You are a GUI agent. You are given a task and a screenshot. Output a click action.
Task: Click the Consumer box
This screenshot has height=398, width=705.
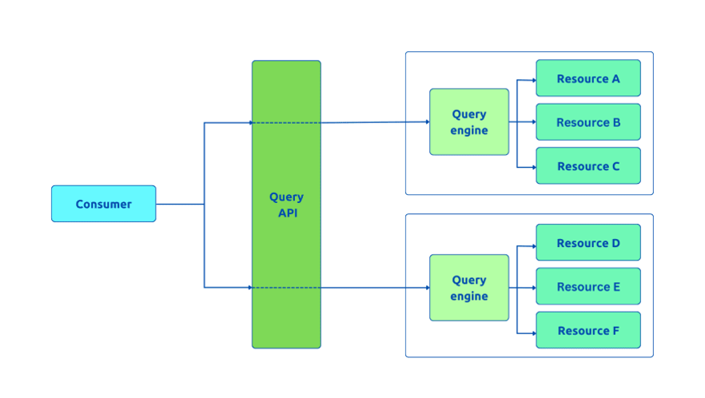click(x=103, y=204)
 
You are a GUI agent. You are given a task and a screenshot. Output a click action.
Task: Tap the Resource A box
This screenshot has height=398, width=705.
click(x=587, y=78)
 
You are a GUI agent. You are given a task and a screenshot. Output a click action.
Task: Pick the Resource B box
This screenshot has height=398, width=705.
click(x=587, y=122)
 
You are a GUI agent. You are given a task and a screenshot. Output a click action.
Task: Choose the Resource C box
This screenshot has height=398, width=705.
click(x=587, y=166)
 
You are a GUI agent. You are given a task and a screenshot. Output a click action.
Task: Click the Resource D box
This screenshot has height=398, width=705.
click(x=587, y=243)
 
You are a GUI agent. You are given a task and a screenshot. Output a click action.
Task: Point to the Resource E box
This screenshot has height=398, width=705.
click(x=587, y=287)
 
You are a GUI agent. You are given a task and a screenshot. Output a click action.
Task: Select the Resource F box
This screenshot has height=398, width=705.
click(x=587, y=331)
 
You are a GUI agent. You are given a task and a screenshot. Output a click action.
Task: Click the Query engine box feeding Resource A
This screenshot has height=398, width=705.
click(x=468, y=122)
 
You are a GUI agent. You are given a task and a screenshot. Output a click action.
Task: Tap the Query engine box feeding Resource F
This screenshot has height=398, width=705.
click(x=468, y=288)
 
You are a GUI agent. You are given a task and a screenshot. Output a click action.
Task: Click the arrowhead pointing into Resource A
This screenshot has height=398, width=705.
click(x=532, y=79)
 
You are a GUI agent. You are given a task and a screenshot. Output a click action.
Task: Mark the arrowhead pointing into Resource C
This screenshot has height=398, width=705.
click(x=532, y=167)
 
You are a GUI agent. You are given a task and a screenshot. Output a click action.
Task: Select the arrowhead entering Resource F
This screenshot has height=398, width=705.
click(x=532, y=332)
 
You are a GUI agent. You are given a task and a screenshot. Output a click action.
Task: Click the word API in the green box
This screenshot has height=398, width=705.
click(x=286, y=213)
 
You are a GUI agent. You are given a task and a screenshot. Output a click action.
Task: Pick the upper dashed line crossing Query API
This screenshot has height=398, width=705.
click(x=286, y=123)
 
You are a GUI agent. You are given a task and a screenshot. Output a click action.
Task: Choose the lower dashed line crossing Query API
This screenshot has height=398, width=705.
click(x=286, y=288)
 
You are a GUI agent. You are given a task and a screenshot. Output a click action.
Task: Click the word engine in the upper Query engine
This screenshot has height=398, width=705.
click(x=468, y=130)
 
